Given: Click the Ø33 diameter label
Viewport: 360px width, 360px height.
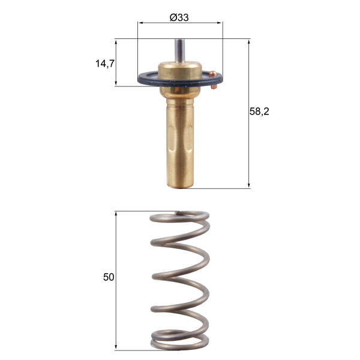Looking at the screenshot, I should coord(179,17).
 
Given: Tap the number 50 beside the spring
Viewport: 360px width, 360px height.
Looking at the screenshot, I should coord(108,277).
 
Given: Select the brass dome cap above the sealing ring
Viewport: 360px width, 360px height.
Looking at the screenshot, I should coord(179,70).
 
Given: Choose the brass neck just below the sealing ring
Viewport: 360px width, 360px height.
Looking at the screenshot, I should coord(179,91).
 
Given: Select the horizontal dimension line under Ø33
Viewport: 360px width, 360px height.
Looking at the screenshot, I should coord(180,24).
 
